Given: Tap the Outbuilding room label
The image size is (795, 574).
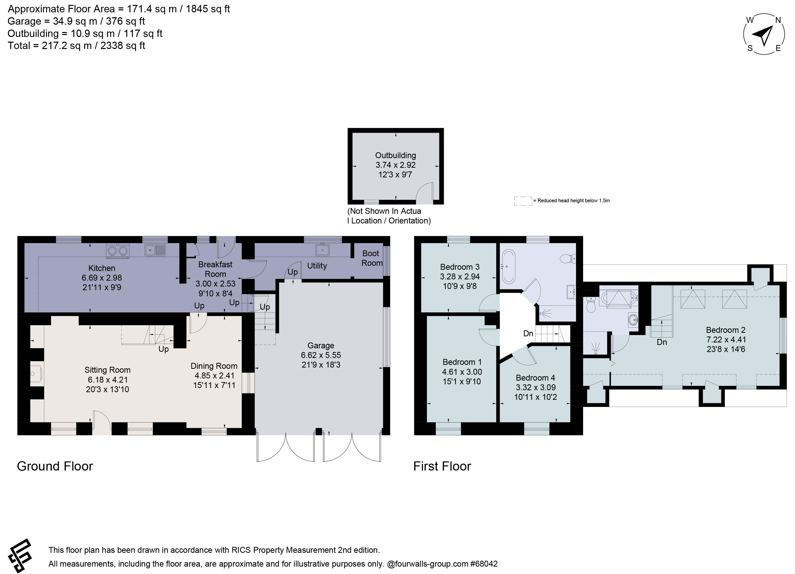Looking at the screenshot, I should pos(395,155).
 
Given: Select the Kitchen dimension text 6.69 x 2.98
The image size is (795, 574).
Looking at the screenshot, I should pos(102,278).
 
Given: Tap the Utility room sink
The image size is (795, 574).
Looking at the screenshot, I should pos(322,250).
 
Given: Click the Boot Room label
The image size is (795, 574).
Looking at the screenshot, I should pos(371,258).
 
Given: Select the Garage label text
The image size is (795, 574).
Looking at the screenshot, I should pos(321,346).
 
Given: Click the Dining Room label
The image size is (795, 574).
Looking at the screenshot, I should pos(214,366).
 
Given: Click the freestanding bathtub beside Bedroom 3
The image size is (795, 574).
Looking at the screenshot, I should pos(509,267).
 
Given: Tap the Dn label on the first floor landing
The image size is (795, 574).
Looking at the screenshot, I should pos(528,334).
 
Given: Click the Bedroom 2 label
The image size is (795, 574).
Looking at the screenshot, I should pos(725,330).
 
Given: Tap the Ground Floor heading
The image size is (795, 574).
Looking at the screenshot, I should pos(55,466).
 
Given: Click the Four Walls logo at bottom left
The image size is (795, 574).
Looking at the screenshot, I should pos(20,556).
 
